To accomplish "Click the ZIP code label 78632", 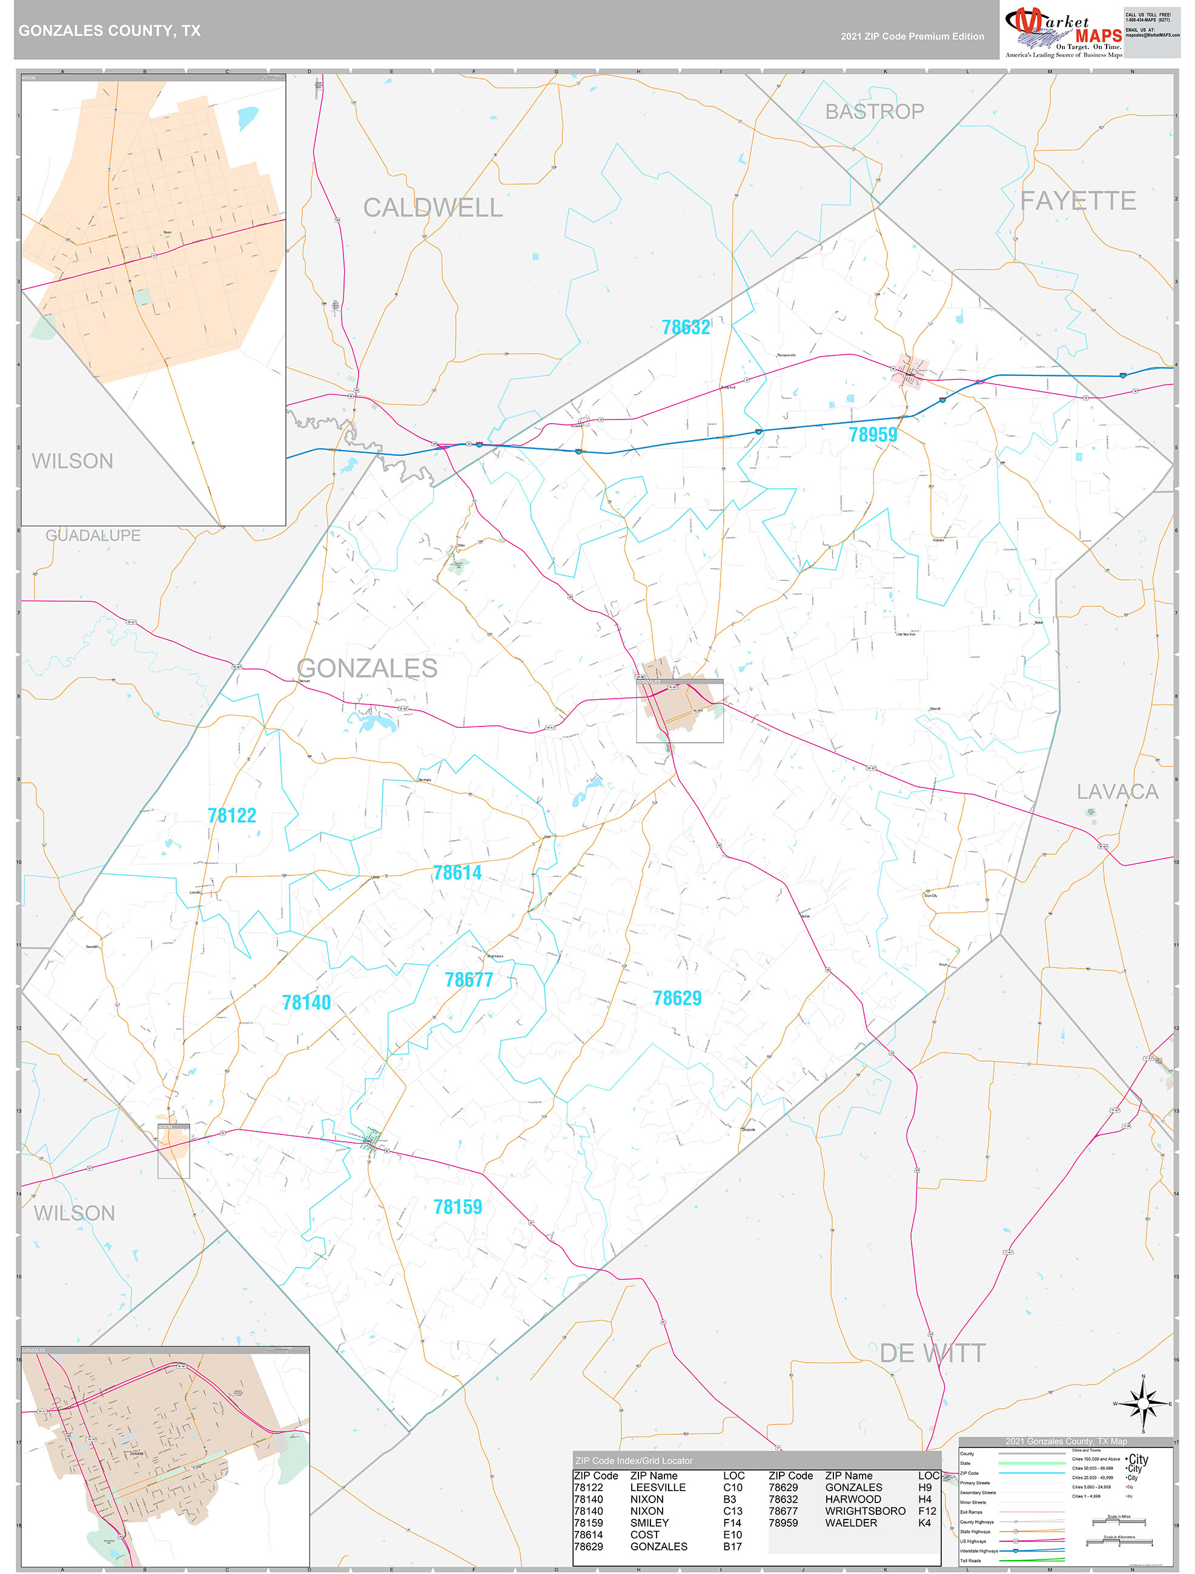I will pos(686,328).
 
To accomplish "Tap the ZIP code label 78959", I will pos(872,435).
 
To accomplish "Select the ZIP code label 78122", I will pos(231,815).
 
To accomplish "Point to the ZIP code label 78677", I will pos(468,980).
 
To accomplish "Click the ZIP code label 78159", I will pos(458,1207).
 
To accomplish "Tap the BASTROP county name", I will pos(874,112).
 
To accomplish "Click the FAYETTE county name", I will pos(1077,202).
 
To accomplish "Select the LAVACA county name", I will pos(1117,792).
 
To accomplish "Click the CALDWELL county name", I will pos(432,208).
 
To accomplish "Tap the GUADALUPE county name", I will pos(93,535).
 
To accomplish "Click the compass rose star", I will pos(1143,1404).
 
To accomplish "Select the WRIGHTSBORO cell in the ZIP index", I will pos(865,1510).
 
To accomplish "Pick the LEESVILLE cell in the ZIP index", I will pos(658,1487).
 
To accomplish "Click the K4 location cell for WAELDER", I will pos(924,1523).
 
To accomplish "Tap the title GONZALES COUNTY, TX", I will pos(110,31).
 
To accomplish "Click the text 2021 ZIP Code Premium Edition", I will pos(912,36).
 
